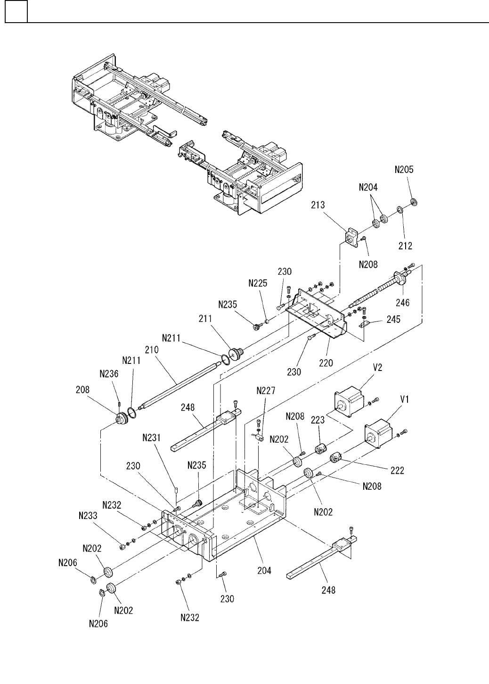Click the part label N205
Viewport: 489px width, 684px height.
(x=404, y=170)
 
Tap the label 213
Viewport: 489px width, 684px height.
(x=318, y=205)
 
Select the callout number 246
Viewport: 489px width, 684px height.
(x=403, y=303)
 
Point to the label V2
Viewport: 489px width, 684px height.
(x=378, y=367)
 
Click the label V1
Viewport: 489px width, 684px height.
(x=405, y=399)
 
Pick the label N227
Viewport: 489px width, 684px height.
(x=266, y=390)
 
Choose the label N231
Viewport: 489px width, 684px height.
(x=151, y=437)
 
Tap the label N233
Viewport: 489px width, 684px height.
(x=88, y=515)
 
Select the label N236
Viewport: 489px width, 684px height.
(x=109, y=373)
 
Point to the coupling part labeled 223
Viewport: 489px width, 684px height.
(x=320, y=450)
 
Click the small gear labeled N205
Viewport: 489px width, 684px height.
(x=414, y=202)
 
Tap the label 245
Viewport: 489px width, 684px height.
(x=393, y=320)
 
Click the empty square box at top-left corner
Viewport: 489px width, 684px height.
(x=16, y=11)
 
